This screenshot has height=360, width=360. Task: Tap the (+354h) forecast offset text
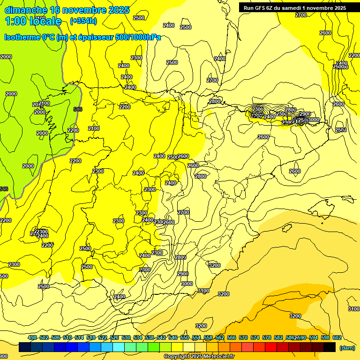pyautogui.click(x=83, y=21)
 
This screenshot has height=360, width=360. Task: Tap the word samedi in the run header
pyautogui.click(x=291, y=7)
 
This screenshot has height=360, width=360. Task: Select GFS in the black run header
pyautogui.click(x=262, y=7)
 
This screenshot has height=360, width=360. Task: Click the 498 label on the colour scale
pyautogui.click(x=32, y=337)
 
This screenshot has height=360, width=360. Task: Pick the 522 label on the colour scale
pyautogui.click(x=103, y=337)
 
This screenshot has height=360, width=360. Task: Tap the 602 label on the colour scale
pyautogui.click(x=337, y=337)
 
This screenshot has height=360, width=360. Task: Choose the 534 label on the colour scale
pyautogui.click(x=138, y=337)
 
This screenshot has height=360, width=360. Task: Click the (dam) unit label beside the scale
pyautogui.click(x=347, y=347)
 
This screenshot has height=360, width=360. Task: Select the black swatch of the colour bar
pyautogui.click(x=330, y=347)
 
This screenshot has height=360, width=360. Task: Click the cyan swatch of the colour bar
pyautogui.click(x=119, y=347)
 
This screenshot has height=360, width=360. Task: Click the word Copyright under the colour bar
pyautogui.click(x=177, y=357)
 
